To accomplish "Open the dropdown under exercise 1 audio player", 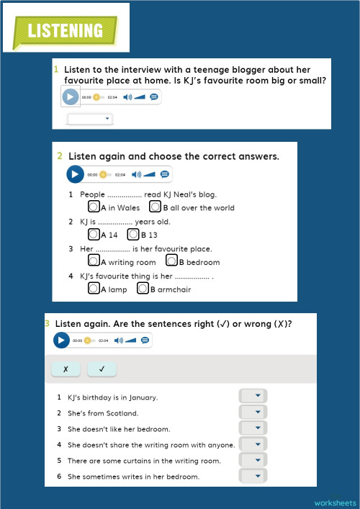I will [x=89, y=118].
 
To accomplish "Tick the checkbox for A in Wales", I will [x=94, y=207].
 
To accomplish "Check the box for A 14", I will [x=94, y=234].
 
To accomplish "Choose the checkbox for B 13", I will [x=133, y=234].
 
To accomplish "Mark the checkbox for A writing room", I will [x=94, y=261].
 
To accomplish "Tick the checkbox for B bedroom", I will [x=171, y=261].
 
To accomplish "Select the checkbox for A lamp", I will [x=94, y=289].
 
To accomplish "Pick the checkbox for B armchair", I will [x=144, y=289].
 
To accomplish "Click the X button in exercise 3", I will [x=66, y=369].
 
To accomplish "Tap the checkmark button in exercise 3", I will [x=102, y=369].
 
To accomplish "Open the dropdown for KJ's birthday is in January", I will [x=253, y=396].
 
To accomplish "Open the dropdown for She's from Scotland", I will [x=253, y=413].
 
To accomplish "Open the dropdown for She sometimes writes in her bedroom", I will [x=253, y=476].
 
